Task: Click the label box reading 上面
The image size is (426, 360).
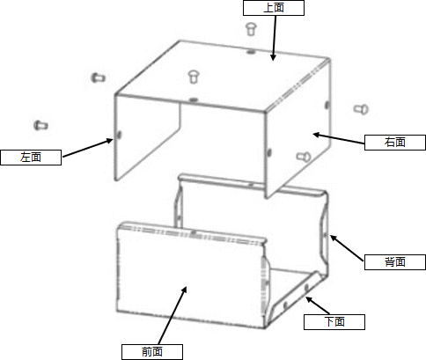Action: pos(274,8)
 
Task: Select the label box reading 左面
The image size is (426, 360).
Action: pos(31,158)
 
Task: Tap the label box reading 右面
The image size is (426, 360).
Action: pos(395,143)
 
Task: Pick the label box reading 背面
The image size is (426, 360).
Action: pos(395,262)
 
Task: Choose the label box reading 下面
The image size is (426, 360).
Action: pos(334,322)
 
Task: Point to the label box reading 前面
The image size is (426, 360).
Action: pos(152,352)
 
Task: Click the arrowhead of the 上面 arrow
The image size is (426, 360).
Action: pos(273,57)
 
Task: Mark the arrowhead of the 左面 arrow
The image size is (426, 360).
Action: pos(110,141)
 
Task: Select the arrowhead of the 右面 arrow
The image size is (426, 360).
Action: pos(316,135)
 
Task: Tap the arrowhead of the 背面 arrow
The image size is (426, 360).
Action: pos(333,238)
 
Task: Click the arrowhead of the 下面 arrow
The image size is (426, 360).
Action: pos(308,299)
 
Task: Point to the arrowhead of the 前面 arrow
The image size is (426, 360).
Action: pos(184,290)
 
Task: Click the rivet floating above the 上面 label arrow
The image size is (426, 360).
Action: pos(251,29)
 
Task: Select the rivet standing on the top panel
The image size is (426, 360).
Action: pos(193,77)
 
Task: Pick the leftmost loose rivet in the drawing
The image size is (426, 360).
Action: pos(40,125)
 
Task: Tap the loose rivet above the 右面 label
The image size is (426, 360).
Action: pos(361,109)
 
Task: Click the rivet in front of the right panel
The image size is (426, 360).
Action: pos(304,157)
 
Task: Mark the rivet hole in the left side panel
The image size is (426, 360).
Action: pos(120,135)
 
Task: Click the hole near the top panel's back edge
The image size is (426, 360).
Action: pos(250,52)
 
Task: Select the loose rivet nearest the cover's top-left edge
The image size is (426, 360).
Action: pos(99,77)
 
